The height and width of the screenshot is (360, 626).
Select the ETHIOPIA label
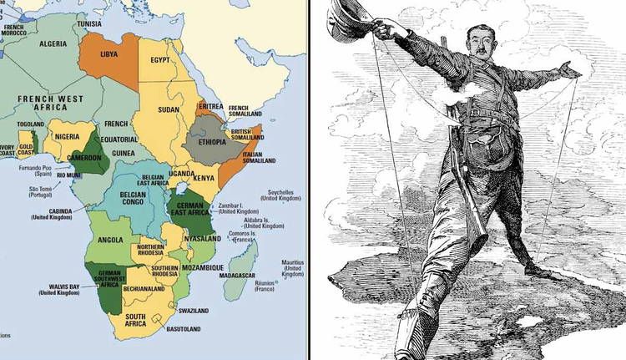(215, 142)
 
